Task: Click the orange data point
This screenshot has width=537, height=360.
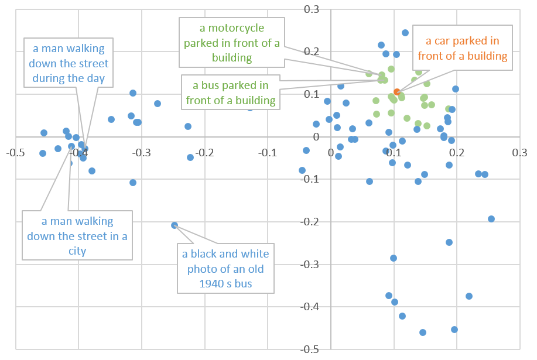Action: pos(397,92)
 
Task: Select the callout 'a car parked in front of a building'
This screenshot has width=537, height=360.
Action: pos(462,49)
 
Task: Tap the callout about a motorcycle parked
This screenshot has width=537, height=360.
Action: pos(232,43)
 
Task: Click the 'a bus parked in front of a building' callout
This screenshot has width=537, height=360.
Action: pos(231,92)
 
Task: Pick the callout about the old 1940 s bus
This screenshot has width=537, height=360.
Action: pos(225,269)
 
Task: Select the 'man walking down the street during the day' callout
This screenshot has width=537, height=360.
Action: pos(69,63)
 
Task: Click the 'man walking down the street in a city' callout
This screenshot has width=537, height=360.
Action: pos(77,236)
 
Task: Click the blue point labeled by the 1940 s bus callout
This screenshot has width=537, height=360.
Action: pos(175,225)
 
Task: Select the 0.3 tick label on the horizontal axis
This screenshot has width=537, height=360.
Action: pos(519,152)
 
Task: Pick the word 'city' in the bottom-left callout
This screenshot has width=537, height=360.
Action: pos(77,251)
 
